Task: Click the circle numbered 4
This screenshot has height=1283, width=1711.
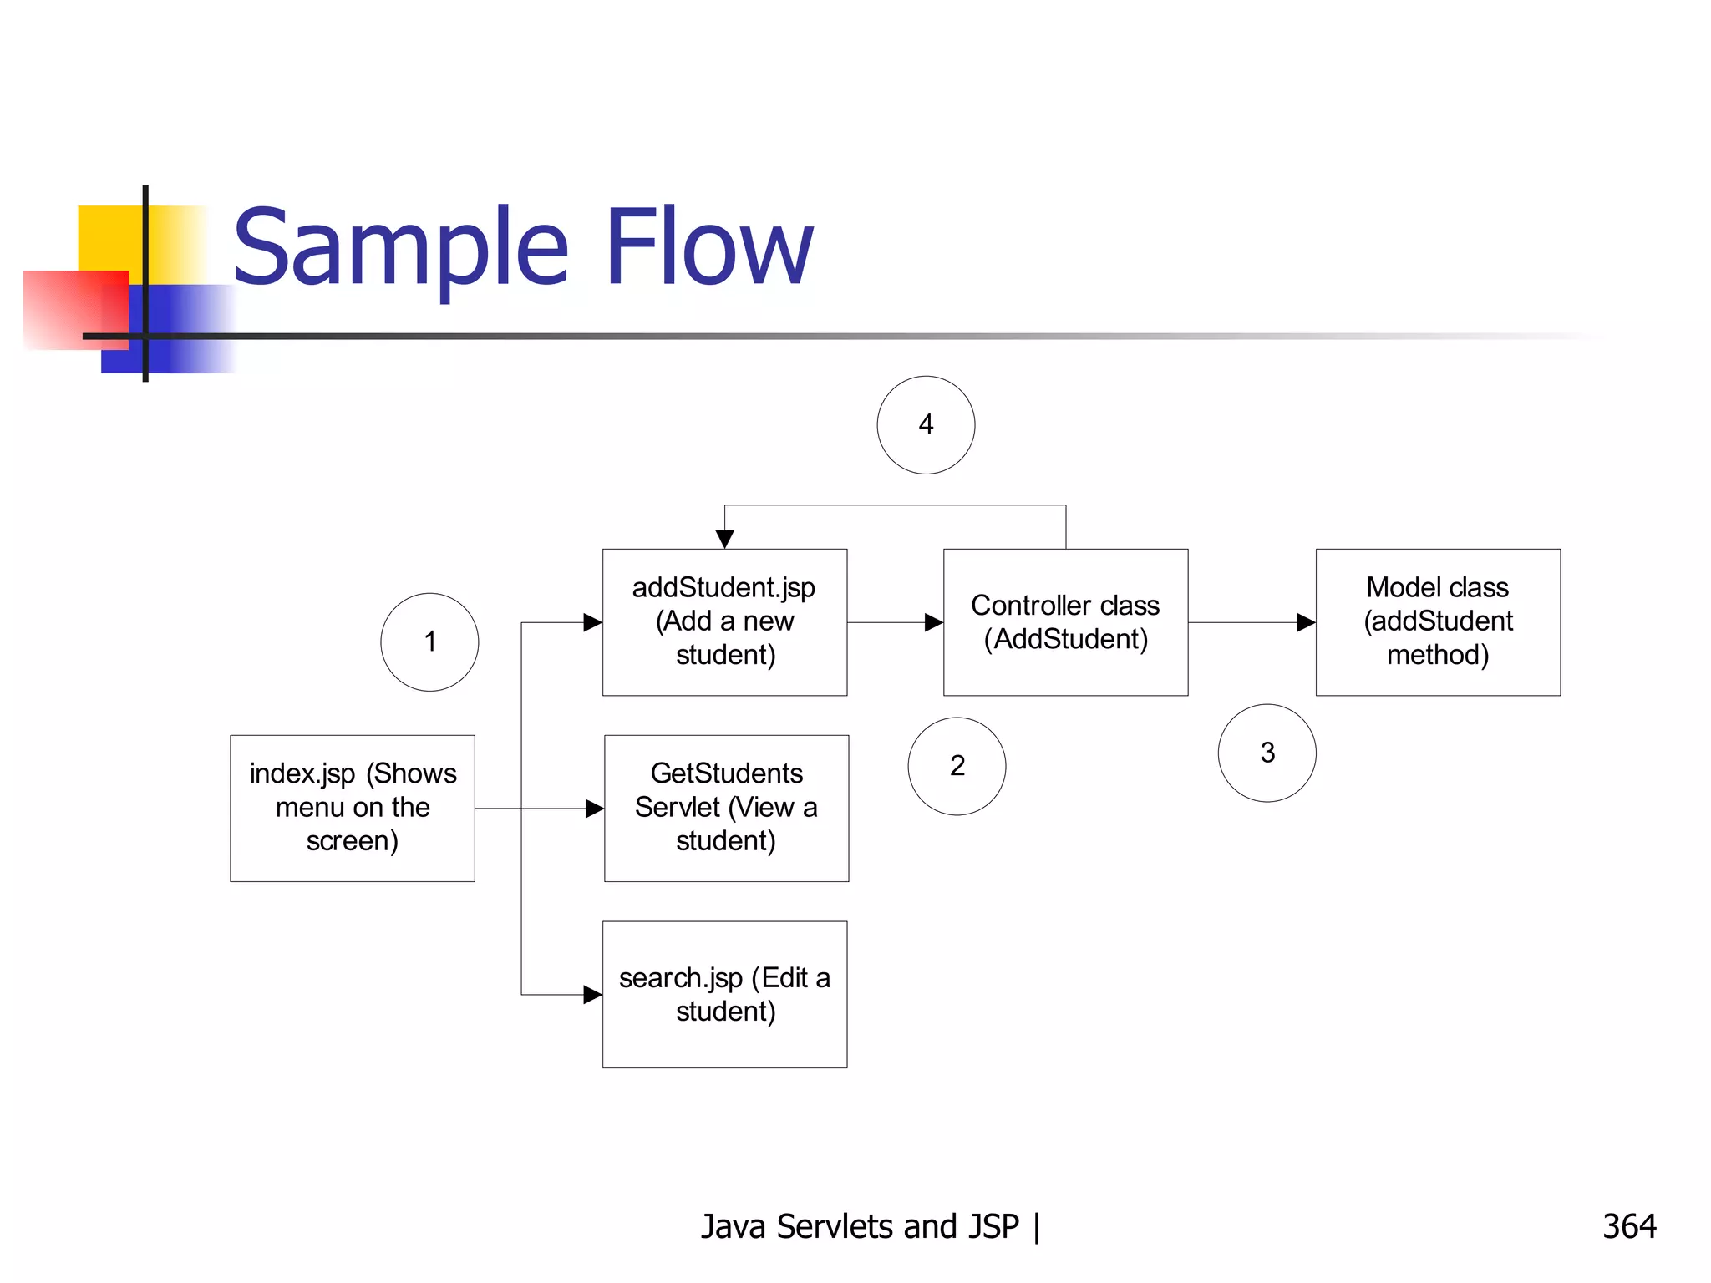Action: pyautogui.click(x=926, y=425)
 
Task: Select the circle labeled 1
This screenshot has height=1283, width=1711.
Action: pyautogui.click(x=429, y=641)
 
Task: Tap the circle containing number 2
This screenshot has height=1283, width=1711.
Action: pyautogui.click(x=957, y=766)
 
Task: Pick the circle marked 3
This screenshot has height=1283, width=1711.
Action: pyautogui.click(x=1267, y=753)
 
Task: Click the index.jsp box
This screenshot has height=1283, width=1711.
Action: pyautogui.click(x=353, y=808)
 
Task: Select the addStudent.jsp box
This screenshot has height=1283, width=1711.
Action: pyautogui.click(x=724, y=621)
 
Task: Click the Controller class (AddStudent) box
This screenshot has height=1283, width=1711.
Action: pyautogui.click(x=1065, y=621)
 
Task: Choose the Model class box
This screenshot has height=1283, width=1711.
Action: pyautogui.click(x=1437, y=621)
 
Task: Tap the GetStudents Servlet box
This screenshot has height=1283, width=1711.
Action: pyautogui.click(x=726, y=808)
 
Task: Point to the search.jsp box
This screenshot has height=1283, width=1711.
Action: pyautogui.click(x=724, y=994)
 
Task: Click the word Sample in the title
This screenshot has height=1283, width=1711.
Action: pyautogui.click(x=401, y=248)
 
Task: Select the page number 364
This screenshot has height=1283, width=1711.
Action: pyautogui.click(x=1628, y=1226)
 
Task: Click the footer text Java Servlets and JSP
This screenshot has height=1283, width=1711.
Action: pyautogui.click(x=861, y=1226)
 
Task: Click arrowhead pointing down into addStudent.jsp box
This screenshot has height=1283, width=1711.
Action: pyautogui.click(x=724, y=539)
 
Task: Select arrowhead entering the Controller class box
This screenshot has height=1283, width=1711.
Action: pyautogui.click(x=934, y=622)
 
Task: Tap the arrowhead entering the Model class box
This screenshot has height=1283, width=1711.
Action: pyautogui.click(x=1306, y=622)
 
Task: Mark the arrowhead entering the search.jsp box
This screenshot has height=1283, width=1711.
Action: pyautogui.click(x=592, y=994)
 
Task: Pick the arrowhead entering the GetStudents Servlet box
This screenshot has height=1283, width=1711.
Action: pyautogui.click(x=594, y=808)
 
